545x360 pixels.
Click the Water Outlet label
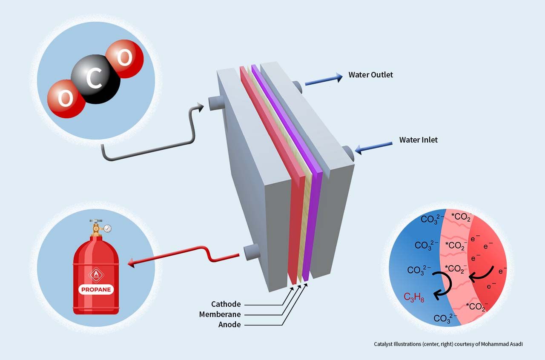coord(370,75)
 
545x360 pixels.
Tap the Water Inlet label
coord(418,140)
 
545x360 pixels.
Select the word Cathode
coord(226,304)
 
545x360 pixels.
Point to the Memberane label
coord(220,314)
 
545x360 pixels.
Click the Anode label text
coord(229,325)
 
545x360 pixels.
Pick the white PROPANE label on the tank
coord(96,290)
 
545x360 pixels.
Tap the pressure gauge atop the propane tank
coord(107,229)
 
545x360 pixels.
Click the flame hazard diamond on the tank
coord(96,274)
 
